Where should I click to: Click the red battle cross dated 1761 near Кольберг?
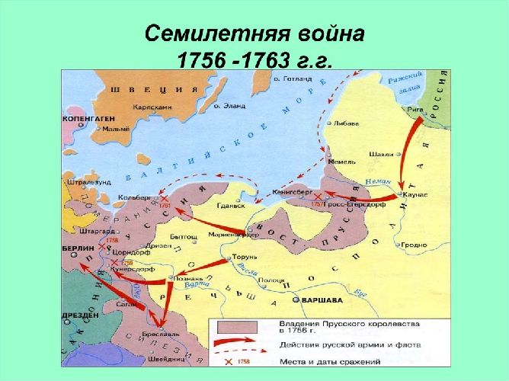163,198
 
